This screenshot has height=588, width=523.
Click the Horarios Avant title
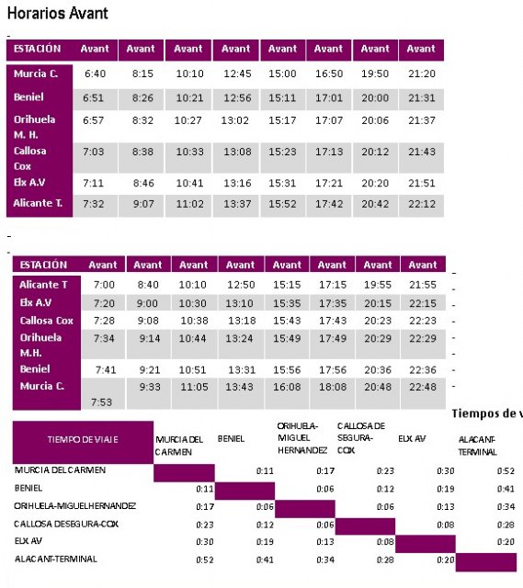pyautogui.click(x=57, y=13)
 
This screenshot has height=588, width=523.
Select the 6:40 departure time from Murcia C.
pyautogui.click(x=96, y=73)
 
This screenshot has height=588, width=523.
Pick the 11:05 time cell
pyautogui.click(x=192, y=387)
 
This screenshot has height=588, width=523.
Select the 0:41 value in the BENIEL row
pyautogui.click(x=505, y=489)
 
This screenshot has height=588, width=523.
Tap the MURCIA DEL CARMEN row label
pyautogui.click(x=60, y=470)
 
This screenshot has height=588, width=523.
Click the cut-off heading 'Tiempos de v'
pyautogui.click(x=487, y=414)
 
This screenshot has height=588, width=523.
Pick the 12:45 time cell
pyautogui.click(x=236, y=73)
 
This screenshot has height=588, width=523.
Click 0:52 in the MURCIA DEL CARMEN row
pyautogui.click(x=505, y=470)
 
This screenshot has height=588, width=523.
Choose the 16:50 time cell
pyautogui.click(x=328, y=73)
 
